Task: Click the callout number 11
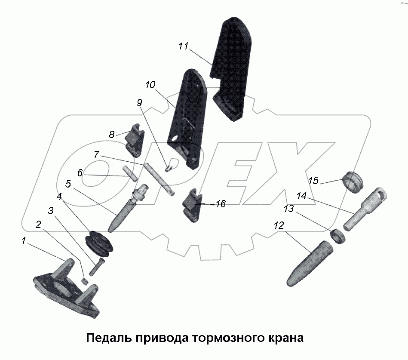click(x=184, y=47)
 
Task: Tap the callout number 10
click(x=150, y=85)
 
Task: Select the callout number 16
click(x=220, y=204)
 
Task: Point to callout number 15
click(x=313, y=180)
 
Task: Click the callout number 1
click(x=24, y=241)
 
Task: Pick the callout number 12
click(x=279, y=225)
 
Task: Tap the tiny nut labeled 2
click(x=85, y=281)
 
